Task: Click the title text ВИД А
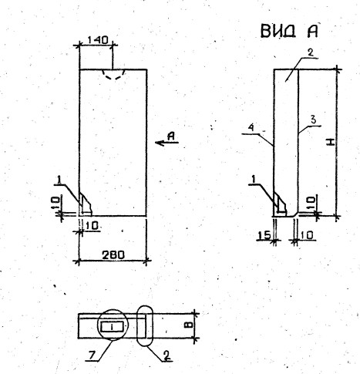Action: tap(289, 31)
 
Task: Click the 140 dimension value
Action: tap(97, 40)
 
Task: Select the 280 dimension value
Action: tap(113, 255)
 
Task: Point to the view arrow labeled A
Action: tap(167, 142)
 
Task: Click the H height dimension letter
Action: tap(331, 142)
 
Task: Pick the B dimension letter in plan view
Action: tap(188, 325)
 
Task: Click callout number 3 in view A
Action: tap(313, 121)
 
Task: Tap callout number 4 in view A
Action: tap(252, 128)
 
